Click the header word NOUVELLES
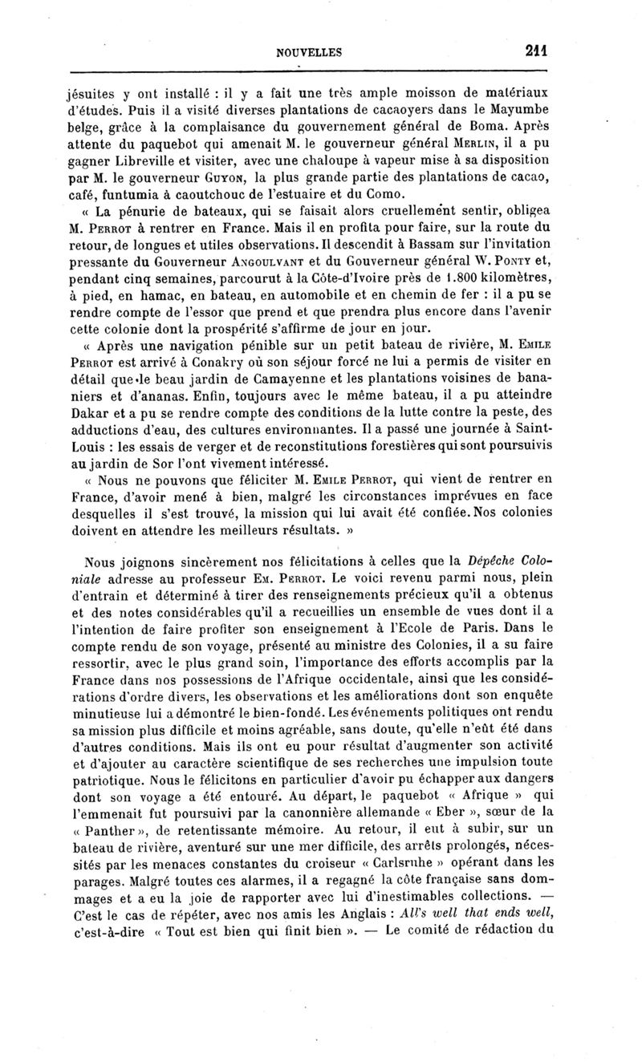[309, 53]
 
